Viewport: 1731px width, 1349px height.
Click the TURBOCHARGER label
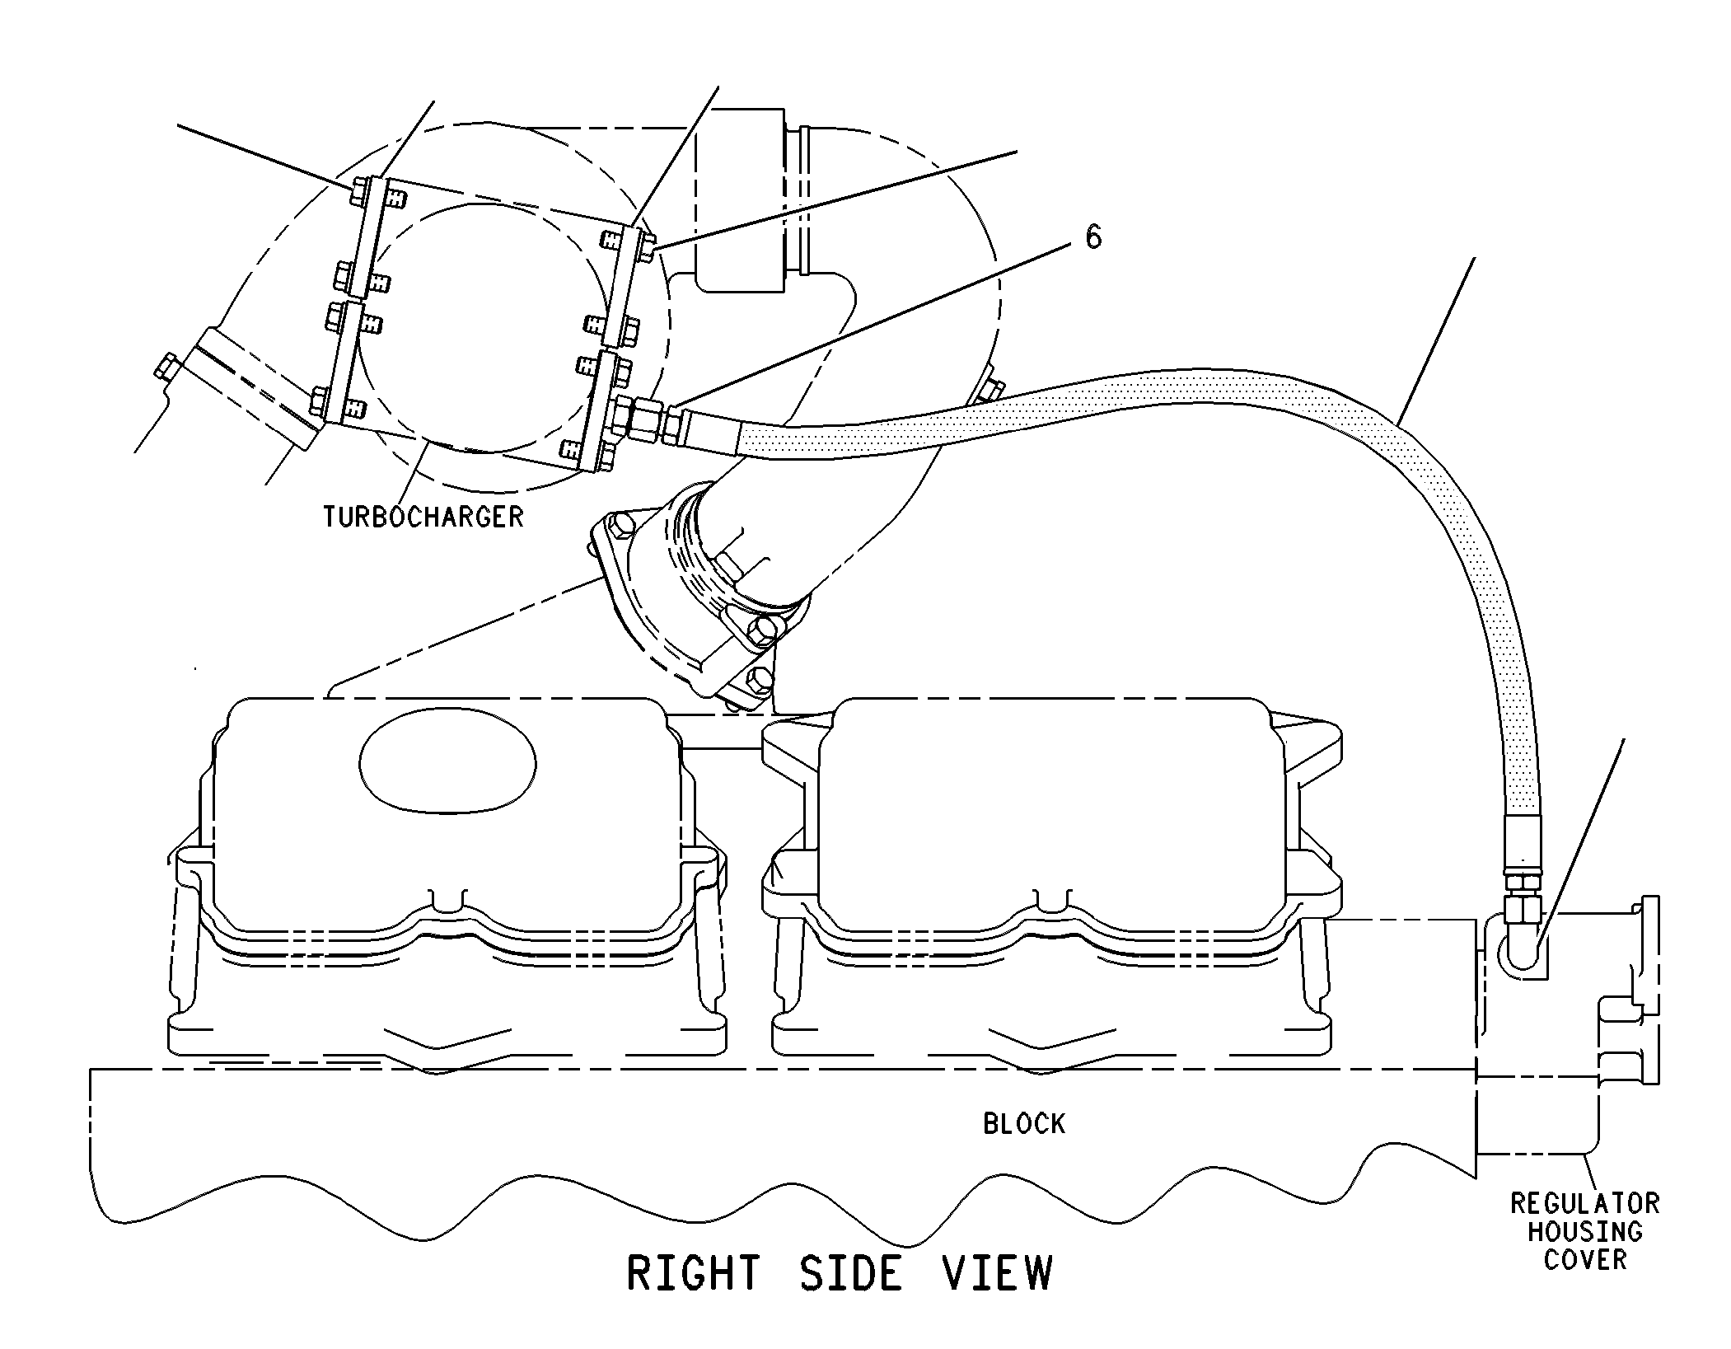pyautogui.click(x=423, y=517)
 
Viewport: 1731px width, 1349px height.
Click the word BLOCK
pyautogui.click(x=1024, y=1123)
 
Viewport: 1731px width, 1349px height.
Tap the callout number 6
pyautogui.click(x=1092, y=237)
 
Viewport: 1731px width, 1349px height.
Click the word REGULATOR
pyautogui.click(x=1584, y=1204)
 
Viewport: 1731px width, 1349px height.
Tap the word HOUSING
pyautogui.click(x=1584, y=1232)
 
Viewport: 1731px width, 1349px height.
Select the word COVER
pyautogui.click(x=1584, y=1260)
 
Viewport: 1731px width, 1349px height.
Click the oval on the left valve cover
pyautogui.click(x=447, y=764)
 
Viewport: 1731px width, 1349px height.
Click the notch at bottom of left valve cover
pyautogui.click(x=447, y=900)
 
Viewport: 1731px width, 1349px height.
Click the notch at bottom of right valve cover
pyautogui.click(x=1050, y=900)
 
